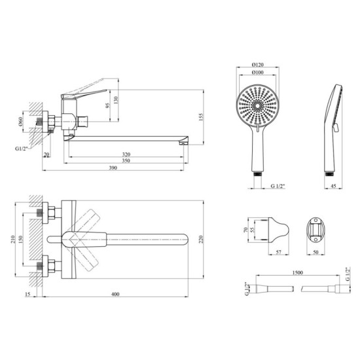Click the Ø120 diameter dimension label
258,65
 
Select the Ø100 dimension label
258,72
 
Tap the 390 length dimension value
113,168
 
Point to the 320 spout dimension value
126,154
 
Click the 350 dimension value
126,160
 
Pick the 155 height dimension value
201,117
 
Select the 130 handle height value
116,99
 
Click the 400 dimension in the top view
115,294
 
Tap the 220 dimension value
201,240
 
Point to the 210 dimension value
13,240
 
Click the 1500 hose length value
298,272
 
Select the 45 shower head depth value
334,186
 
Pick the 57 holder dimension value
278,252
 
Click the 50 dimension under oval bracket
315,252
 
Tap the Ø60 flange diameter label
20,122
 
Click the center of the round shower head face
258,105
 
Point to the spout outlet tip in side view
184,143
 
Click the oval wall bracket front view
315,230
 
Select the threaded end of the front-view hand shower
258,173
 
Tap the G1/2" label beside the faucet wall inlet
22,149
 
